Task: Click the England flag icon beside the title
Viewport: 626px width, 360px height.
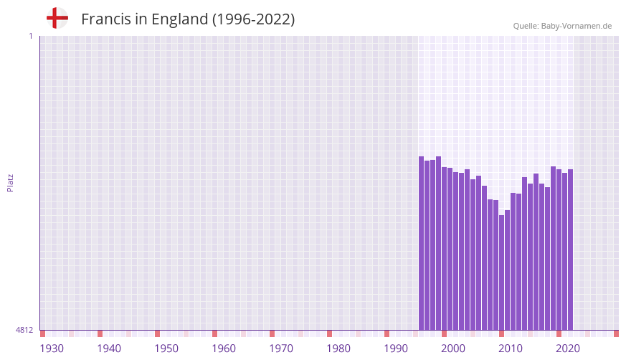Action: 57,18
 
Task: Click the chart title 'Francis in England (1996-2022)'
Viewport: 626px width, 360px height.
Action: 188,19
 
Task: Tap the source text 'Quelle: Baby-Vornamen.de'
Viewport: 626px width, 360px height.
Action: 562,26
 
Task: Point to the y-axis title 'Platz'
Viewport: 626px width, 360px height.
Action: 10,182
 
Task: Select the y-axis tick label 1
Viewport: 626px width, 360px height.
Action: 30,36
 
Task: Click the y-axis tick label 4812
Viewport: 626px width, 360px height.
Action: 24,330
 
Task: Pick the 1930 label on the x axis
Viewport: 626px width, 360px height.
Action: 52,349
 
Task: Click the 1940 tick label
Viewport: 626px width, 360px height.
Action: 109,349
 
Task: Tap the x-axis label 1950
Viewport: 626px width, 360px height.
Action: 166,349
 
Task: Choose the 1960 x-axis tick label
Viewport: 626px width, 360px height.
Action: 224,349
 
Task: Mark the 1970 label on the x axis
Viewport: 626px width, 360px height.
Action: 281,349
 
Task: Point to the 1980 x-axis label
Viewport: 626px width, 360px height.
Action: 338,349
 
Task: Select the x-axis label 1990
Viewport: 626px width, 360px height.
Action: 396,349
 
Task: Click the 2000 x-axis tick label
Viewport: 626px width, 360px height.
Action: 453,349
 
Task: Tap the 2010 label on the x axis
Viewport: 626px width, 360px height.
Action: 511,349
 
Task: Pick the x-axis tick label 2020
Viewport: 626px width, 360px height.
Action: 568,349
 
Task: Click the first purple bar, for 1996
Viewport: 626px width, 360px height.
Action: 422,244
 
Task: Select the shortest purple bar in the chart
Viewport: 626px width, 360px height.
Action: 502,273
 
